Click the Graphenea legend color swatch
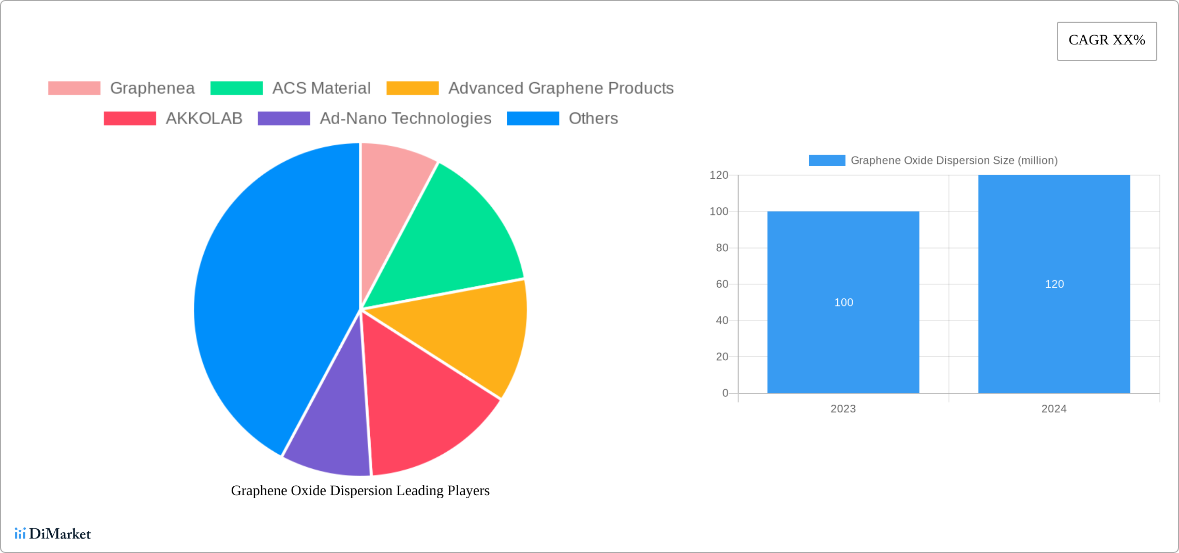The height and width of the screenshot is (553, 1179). (x=74, y=88)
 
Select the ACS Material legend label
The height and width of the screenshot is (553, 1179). (x=321, y=88)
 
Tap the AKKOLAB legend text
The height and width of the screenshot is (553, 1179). (x=204, y=118)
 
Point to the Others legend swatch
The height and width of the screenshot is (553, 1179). (x=533, y=118)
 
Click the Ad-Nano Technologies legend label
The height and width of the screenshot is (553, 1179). (x=405, y=118)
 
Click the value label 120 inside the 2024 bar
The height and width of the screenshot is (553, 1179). (x=1054, y=284)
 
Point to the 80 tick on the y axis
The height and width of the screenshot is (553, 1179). (x=722, y=248)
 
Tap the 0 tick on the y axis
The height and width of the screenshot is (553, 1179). (x=725, y=393)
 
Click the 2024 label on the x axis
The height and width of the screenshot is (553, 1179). (x=1054, y=409)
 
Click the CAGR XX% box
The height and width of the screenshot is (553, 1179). (x=1107, y=41)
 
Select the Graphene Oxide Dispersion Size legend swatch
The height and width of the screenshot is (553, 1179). (x=827, y=161)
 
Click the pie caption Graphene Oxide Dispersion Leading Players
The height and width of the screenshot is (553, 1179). (x=360, y=490)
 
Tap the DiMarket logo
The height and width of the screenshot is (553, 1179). (x=53, y=534)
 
